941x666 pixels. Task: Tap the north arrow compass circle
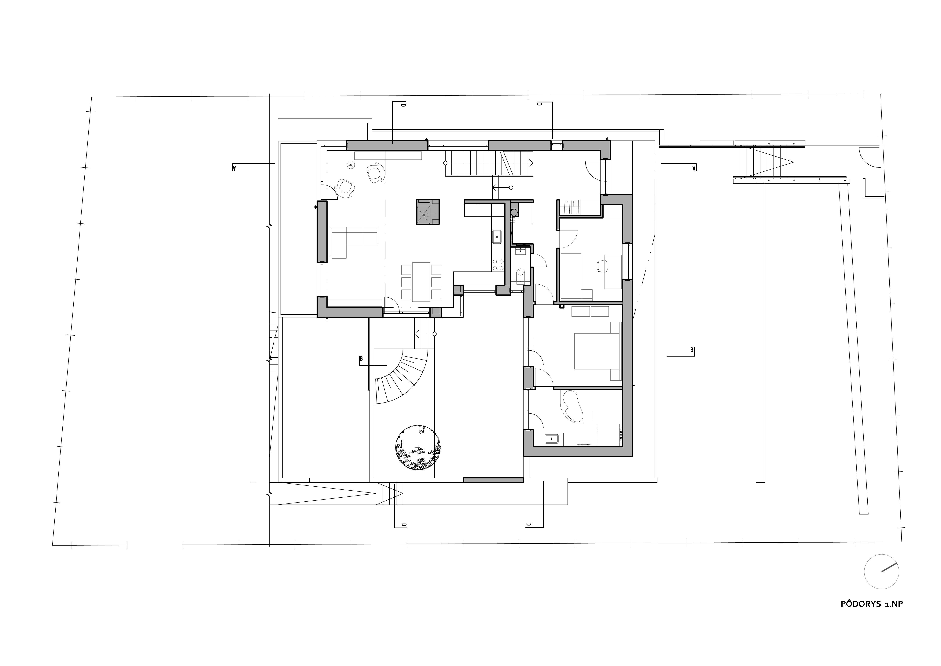[881, 572]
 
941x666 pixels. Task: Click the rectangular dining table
[421, 282]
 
